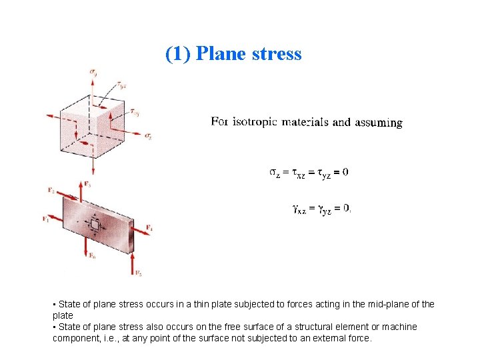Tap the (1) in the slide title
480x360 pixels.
pos(178,54)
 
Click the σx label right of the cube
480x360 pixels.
pos(148,135)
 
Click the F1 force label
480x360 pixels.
pos(46,218)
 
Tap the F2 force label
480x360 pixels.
pos(51,190)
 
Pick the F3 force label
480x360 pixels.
pos(88,183)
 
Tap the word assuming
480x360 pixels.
pos(379,123)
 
